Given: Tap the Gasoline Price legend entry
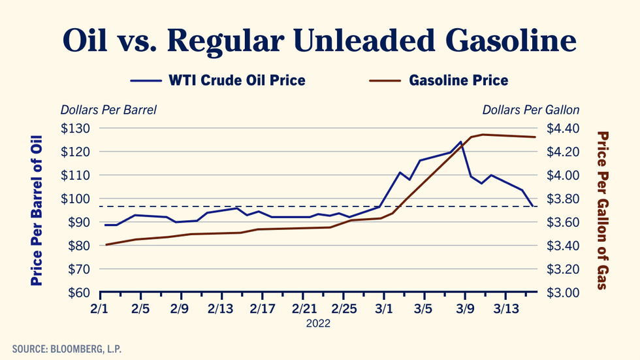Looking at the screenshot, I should pos(458,80).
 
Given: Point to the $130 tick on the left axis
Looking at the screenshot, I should pos(76,128).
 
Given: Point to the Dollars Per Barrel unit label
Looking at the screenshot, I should pos(108,110).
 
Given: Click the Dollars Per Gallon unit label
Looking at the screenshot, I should pos(530,110).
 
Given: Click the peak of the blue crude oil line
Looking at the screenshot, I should pos(460,142).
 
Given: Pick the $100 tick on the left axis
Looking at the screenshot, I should pos(76,199).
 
